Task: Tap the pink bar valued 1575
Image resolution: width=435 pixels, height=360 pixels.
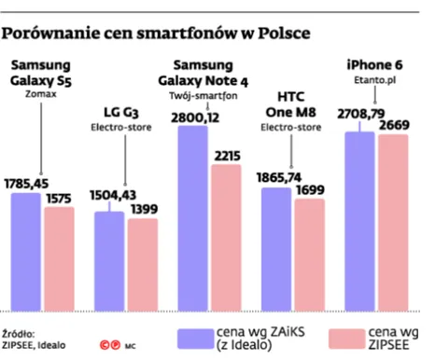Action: pos(60,259)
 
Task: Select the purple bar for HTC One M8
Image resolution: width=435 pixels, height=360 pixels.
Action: pos(275,250)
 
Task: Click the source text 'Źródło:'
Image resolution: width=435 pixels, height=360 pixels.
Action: pos(20,333)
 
